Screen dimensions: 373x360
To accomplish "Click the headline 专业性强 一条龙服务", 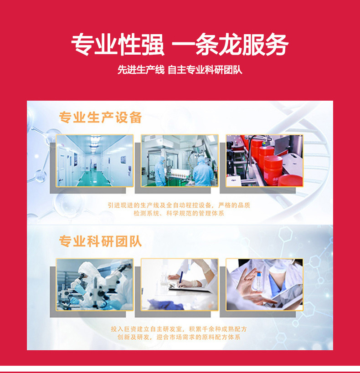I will click(180, 45).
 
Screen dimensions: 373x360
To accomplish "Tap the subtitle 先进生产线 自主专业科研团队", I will click(180, 70).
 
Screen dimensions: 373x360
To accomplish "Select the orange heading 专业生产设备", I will click(100, 118).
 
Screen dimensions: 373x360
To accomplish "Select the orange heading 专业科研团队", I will click(100, 241).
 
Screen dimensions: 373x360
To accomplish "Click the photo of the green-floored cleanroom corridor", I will click(95, 160).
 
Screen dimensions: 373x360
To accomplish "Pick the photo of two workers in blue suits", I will click(179, 160).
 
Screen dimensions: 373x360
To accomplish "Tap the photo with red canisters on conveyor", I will click(264, 160).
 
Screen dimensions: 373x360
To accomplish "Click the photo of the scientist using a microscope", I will click(95, 284).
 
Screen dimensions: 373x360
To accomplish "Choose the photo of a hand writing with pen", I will click(179, 284).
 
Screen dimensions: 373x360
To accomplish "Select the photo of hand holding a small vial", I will click(264, 284).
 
